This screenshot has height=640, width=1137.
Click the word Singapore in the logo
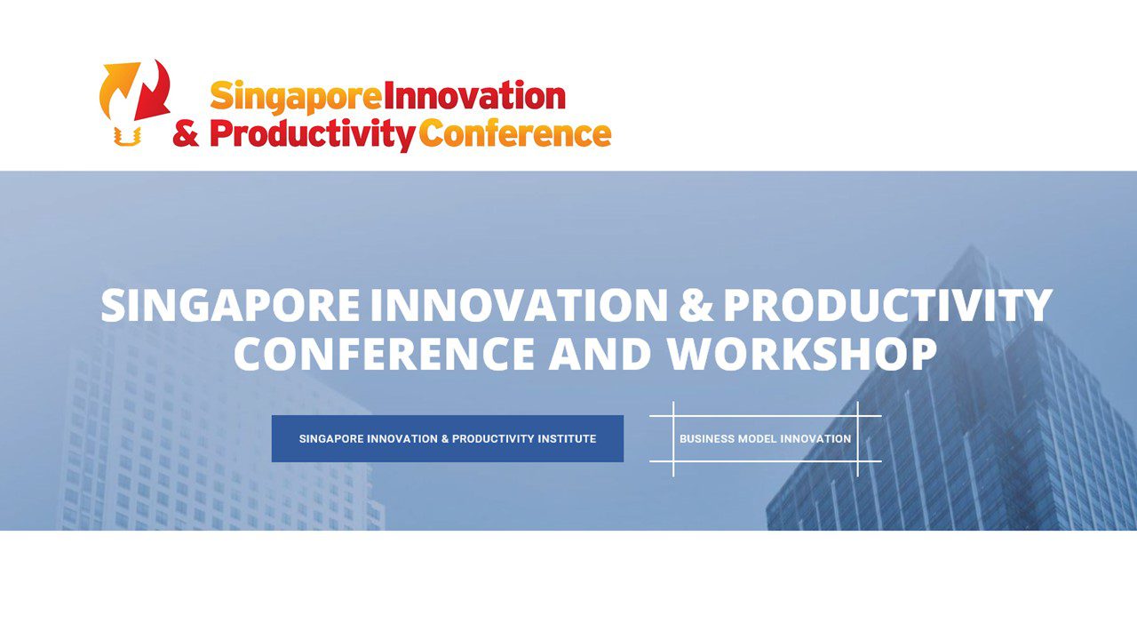[x=296, y=98]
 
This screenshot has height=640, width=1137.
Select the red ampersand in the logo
[x=186, y=133]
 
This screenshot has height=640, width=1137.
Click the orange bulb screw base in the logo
[x=127, y=136]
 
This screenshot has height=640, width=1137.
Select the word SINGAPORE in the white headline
[x=230, y=305]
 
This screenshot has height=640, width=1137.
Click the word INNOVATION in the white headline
[x=519, y=305]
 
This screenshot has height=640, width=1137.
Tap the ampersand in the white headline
[x=696, y=305]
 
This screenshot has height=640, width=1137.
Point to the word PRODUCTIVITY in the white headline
[x=887, y=305]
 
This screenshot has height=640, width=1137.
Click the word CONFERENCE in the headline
[x=385, y=354]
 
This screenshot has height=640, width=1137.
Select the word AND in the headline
[x=600, y=354]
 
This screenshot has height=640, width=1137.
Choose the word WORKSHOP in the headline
[x=801, y=354]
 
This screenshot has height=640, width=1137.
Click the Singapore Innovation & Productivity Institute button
[x=448, y=439]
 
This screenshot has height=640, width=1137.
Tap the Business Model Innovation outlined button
[x=766, y=439]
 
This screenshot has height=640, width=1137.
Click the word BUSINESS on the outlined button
[x=706, y=439]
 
